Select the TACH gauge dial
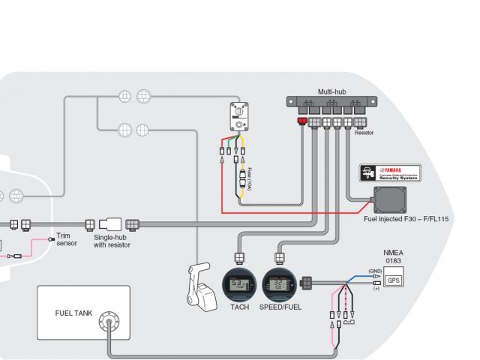point(239,284)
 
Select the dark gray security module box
point(389,200)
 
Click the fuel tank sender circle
point(110,322)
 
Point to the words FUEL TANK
point(74,313)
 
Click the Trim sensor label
point(67,239)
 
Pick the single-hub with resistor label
point(112,241)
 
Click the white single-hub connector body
point(110,223)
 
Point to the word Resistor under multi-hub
point(364,133)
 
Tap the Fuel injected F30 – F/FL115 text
point(406,219)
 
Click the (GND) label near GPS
point(375,271)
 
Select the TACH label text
point(239,307)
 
